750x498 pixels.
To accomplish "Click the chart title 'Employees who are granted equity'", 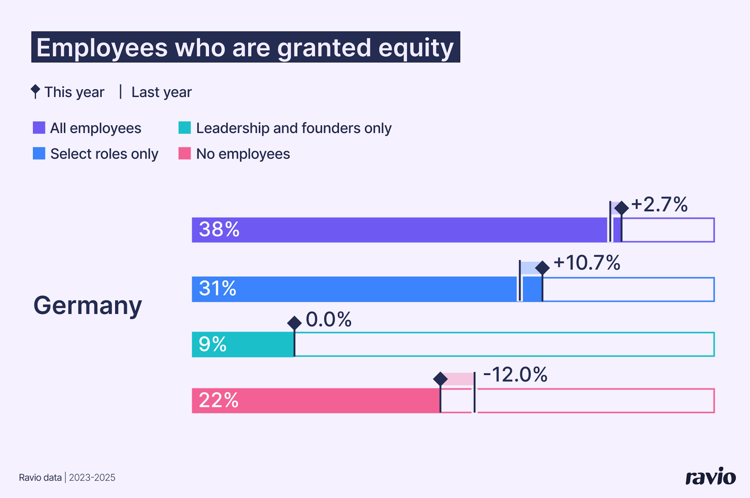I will point(245,47).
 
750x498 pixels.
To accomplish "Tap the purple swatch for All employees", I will point(39,128).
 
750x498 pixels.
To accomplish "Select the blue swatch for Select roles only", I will point(39,153).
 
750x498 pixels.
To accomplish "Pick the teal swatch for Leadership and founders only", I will point(185,128).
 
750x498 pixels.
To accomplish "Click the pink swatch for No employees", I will point(185,153).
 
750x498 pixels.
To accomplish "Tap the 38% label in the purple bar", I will point(219,229).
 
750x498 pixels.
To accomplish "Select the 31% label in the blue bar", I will point(218,288).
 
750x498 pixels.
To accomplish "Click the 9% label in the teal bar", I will point(212,344).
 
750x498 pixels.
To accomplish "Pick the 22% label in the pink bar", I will point(219,400).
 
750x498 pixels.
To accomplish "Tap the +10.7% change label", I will point(587,263).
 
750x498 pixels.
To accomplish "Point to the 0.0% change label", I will point(328,319).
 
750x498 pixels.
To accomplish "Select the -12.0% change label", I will point(515,375).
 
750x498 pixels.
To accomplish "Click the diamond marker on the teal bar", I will point(294,323).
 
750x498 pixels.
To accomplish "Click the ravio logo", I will point(710,476).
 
